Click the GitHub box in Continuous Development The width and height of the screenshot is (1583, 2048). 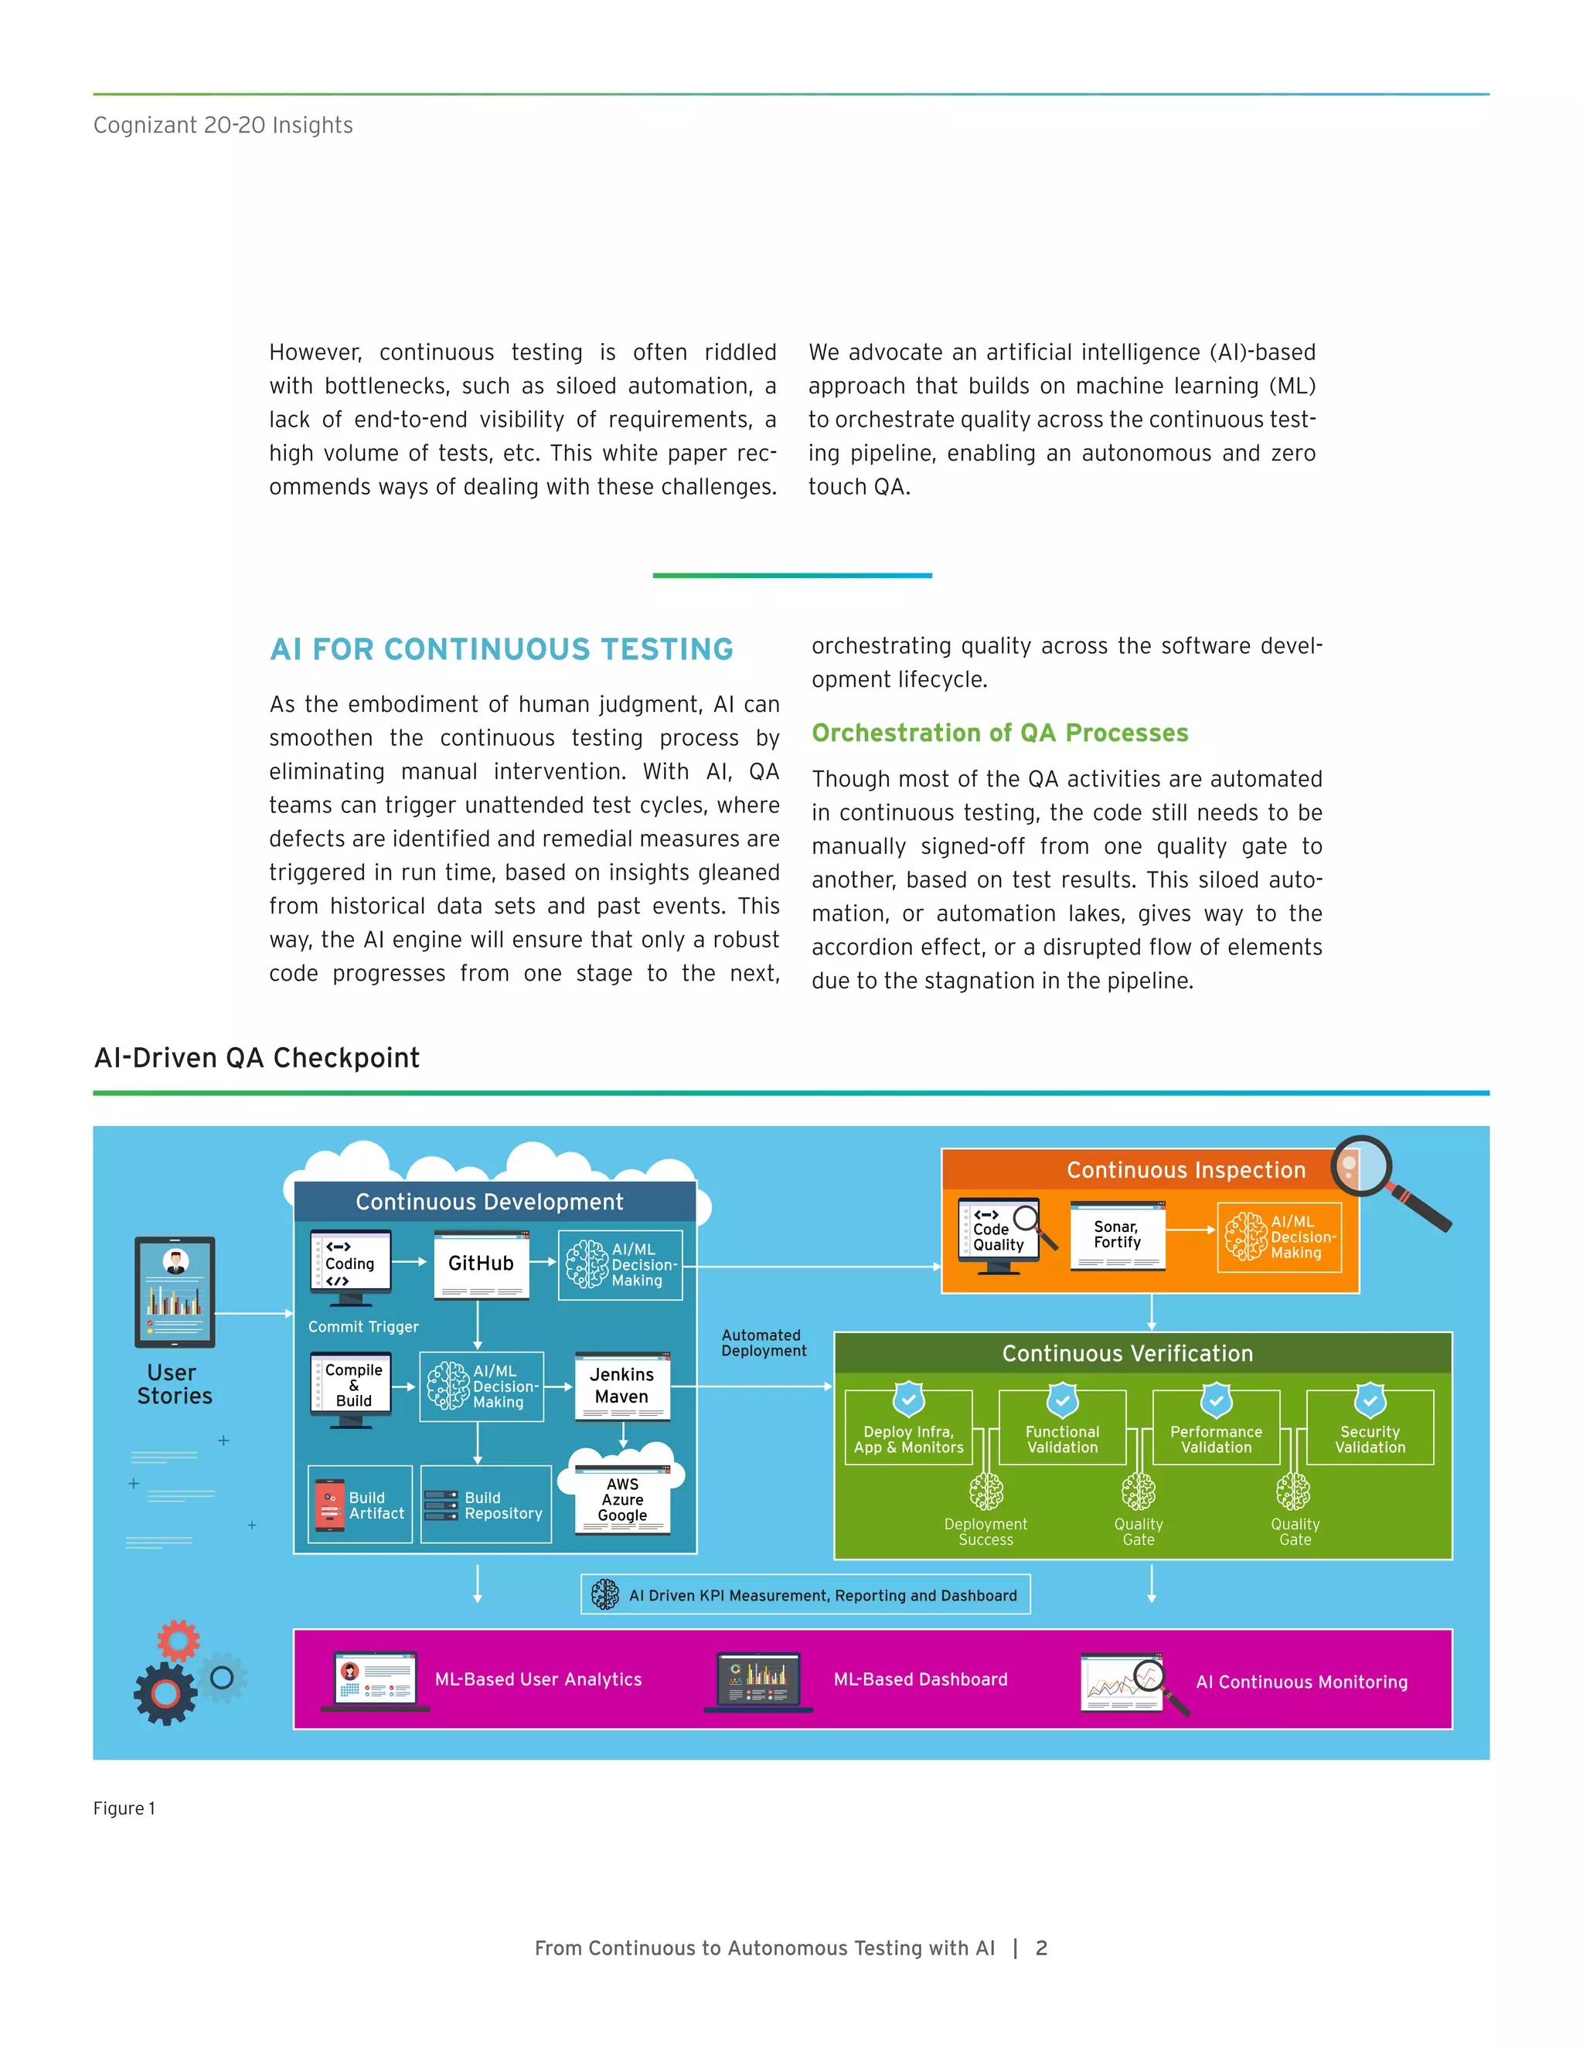coord(481,1264)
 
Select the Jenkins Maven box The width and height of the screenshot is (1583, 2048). coord(621,1385)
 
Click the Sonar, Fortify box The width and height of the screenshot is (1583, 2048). coord(1117,1235)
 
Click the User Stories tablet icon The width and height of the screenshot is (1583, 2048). coord(175,1291)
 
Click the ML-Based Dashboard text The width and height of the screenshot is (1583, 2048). coord(920,1679)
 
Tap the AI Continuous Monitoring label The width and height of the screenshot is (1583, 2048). coord(1301,1682)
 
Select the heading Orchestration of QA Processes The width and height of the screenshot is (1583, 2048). coord(999,733)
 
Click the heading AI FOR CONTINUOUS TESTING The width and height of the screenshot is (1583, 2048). coord(502,649)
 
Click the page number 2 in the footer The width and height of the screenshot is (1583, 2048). coord(1041,1948)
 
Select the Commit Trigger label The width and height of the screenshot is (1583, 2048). coord(363,1327)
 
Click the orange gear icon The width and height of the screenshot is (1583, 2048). coord(179,1640)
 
